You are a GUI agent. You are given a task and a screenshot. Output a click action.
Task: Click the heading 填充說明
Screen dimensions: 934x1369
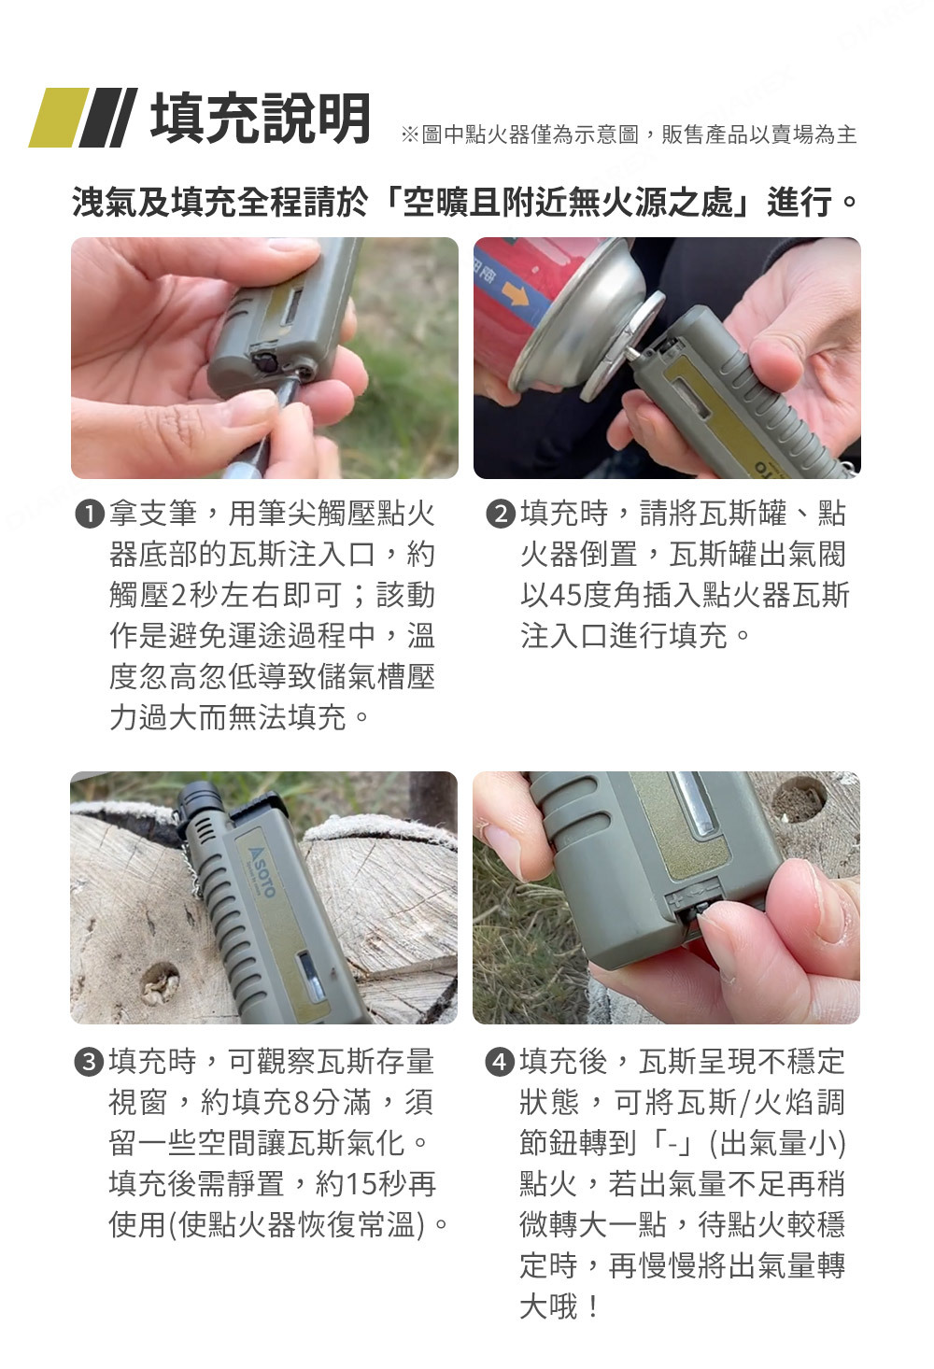[x=261, y=118]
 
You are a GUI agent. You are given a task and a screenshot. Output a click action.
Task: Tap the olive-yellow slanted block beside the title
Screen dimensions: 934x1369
[x=59, y=118]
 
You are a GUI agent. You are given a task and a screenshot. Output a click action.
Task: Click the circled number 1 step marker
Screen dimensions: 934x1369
[x=89, y=514]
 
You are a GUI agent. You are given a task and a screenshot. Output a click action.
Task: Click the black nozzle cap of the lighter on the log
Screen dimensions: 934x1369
[x=200, y=799]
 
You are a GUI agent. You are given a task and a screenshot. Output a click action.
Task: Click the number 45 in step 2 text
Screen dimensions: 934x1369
[x=565, y=596]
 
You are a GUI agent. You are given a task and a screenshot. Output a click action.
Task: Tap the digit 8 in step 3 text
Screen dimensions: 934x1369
[x=303, y=1103]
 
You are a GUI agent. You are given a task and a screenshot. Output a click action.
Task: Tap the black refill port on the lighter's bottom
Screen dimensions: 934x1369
[x=266, y=362]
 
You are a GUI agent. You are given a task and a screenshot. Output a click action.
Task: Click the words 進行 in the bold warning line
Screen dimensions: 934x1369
[x=800, y=203]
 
